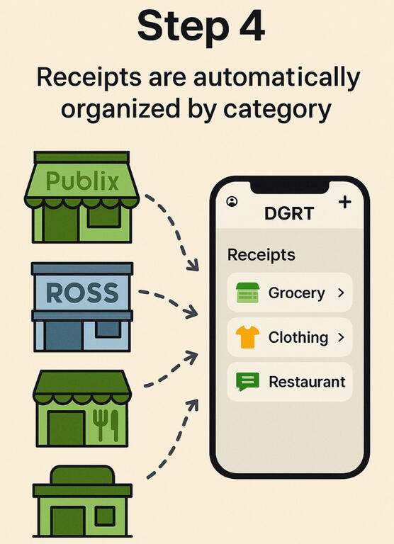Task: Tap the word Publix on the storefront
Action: (x=82, y=181)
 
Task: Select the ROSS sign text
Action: (x=82, y=293)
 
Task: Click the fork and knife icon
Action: (x=105, y=426)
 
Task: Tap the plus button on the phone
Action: (x=344, y=202)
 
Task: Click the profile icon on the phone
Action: (x=232, y=201)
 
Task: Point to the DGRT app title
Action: (x=289, y=213)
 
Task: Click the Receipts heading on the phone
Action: (x=261, y=255)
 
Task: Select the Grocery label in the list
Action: (x=296, y=293)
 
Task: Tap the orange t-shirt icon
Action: (x=247, y=337)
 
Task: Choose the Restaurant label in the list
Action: (x=307, y=382)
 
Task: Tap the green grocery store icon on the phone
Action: (x=247, y=293)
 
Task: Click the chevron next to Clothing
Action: (x=342, y=337)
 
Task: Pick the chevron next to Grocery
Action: (x=342, y=293)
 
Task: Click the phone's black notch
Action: (x=290, y=188)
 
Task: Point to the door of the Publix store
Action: (x=61, y=223)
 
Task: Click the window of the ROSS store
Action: (x=108, y=329)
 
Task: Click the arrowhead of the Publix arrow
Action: (x=193, y=265)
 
